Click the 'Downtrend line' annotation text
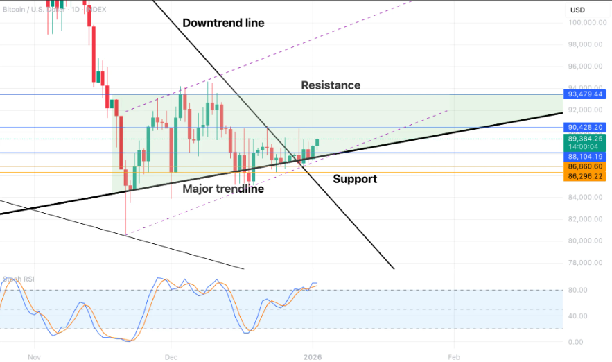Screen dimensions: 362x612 (223, 23)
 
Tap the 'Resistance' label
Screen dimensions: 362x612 (331, 85)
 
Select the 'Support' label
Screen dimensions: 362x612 (355, 179)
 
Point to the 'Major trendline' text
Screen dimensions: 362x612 (222, 189)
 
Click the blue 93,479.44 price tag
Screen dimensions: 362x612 (586, 94)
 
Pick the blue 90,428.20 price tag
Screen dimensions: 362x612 (586, 128)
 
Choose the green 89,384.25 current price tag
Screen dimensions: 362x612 (586, 139)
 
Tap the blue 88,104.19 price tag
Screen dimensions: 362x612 (586, 157)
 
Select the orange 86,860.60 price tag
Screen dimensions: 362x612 (586, 167)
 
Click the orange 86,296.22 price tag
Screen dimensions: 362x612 (586, 177)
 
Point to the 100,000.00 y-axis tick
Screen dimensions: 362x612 (584, 23)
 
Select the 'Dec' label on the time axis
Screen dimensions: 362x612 (171, 356)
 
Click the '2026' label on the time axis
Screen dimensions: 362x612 (313, 356)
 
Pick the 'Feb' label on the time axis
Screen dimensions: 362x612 (453, 356)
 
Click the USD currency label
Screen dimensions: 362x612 (578, 10)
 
